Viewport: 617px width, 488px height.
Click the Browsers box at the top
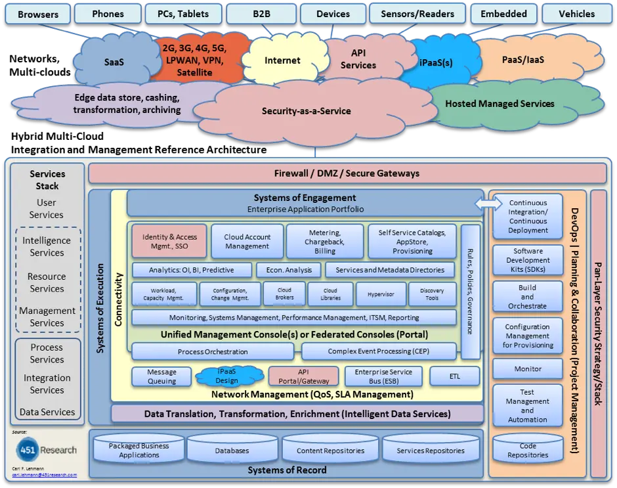pyautogui.click(x=38, y=14)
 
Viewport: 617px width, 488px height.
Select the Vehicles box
pyautogui.click(x=577, y=14)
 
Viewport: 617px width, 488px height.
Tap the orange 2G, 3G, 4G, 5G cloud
pyautogui.click(x=194, y=60)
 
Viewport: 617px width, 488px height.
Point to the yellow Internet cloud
pyautogui.click(x=282, y=60)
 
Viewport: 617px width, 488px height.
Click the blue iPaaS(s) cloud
pyautogui.click(x=435, y=64)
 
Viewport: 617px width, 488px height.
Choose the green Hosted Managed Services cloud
pyautogui.click(x=500, y=104)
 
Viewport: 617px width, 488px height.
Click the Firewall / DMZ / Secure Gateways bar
pyautogui.click(x=347, y=173)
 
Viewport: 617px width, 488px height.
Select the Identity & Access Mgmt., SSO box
pyautogui.click(x=169, y=241)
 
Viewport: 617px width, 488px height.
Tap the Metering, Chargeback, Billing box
pyautogui.click(x=325, y=241)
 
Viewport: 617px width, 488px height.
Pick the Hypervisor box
pyautogui.click(x=381, y=295)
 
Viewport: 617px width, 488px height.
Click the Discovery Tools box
pyautogui.click(x=432, y=295)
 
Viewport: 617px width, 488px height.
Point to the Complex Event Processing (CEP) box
pyautogui.click(x=378, y=351)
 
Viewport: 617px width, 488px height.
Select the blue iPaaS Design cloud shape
pyautogui.click(x=227, y=376)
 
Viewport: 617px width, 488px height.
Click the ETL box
pyautogui.click(x=455, y=376)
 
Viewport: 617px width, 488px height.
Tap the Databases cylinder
pyautogui.click(x=232, y=450)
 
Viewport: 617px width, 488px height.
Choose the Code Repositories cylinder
pyautogui.click(x=528, y=450)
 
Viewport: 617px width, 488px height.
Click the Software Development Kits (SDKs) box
pyautogui.click(x=528, y=260)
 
